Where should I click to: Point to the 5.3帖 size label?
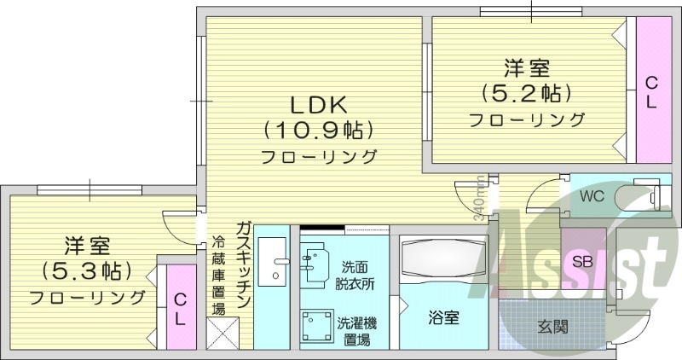tap(87, 271)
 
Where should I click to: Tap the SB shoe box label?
tap(583, 262)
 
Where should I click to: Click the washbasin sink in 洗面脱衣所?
tap(314, 262)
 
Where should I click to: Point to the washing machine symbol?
tap(318, 328)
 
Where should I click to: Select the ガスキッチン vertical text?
tap(243, 264)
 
